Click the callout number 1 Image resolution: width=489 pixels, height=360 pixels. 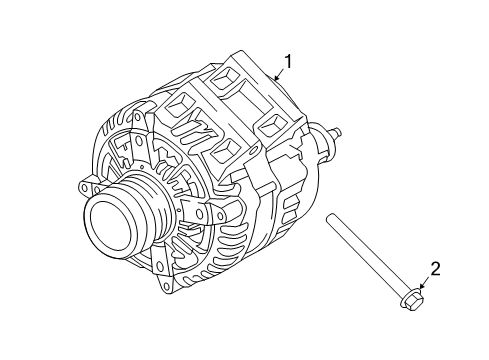point(289,63)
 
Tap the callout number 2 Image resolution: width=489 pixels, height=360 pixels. point(435,267)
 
